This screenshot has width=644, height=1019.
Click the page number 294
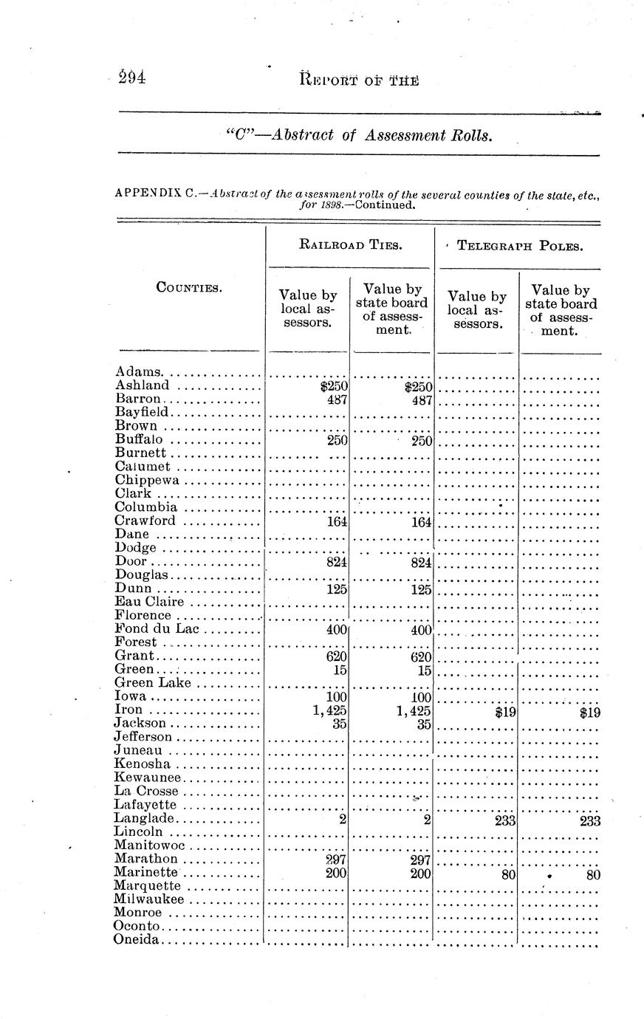click(x=132, y=78)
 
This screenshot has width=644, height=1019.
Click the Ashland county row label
click(x=143, y=385)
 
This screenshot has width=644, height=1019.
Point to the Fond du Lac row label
click(x=157, y=628)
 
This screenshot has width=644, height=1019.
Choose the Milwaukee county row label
click(x=148, y=899)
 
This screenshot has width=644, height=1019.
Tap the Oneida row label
click(x=137, y=939)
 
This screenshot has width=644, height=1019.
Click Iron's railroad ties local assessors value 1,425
click(x=330, y=710)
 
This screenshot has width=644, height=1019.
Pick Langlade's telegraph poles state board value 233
click(x=589, y=820)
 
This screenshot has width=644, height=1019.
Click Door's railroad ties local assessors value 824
click(x=337, y=561)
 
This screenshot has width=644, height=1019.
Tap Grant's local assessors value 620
click(x=337, y=656)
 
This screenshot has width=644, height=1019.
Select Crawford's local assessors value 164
click(x=337, y=521)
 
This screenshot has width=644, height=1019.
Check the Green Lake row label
click(x=153, y=683)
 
